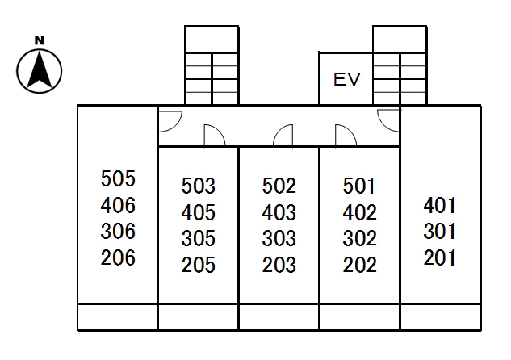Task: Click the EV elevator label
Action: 346,79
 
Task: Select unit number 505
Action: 119,178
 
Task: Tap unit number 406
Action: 119,205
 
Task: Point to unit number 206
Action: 119,258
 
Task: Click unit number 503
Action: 199,186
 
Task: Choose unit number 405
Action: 199,213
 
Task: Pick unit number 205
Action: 199,265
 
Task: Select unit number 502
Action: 279,186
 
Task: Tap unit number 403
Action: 279,213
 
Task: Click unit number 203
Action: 279,265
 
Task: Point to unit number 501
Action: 359,186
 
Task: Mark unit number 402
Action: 359,213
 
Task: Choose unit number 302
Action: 359,239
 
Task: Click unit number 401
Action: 440,205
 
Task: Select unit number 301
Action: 440,232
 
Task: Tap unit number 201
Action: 440,258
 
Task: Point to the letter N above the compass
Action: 39,40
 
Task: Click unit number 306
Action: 119,232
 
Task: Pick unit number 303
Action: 279,239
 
